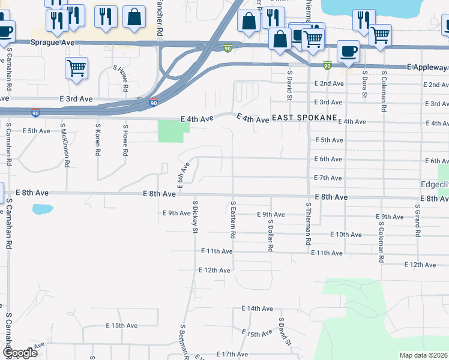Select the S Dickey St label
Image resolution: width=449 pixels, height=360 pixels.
tap(195, 214)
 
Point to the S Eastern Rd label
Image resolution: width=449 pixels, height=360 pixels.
tap(233, 220)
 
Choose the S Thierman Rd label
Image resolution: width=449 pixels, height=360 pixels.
tap(308, 223)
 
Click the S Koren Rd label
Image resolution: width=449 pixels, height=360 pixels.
tap(97, 140)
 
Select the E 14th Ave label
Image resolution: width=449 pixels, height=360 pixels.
tap(258, 308)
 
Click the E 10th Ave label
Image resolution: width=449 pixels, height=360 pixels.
tap(345, 235)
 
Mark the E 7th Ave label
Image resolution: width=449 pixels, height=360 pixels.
tap(328, 178)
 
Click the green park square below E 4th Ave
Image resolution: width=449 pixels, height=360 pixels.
tap(170, 131)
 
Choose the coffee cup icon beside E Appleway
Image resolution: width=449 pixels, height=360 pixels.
tap(348, 51)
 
